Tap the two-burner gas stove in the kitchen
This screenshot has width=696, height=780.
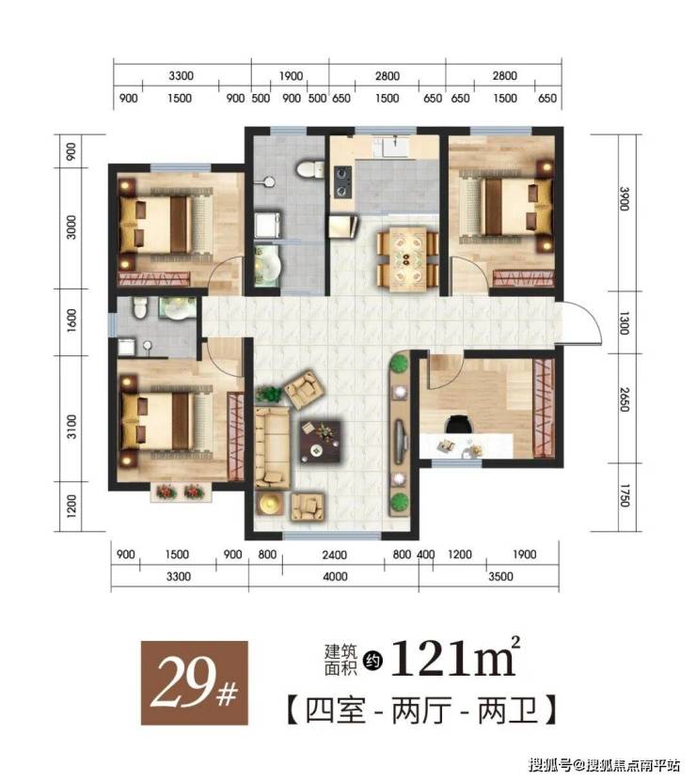(343, 181)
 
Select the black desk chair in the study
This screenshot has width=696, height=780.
(458, 425)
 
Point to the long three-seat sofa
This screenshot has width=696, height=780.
(272, 446)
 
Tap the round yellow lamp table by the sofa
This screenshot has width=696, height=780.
(270, 505)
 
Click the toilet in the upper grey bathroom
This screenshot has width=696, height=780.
(309, 168)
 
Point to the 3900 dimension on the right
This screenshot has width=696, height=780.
(625, 198)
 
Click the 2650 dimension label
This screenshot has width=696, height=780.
(625, 400)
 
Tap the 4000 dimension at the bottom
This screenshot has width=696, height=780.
(335, 577)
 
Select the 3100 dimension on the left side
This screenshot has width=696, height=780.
(72, 427)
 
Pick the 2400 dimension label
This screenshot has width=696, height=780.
(334, 554)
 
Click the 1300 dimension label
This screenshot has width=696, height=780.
(625, 323)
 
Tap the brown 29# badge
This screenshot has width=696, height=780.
(194, 682)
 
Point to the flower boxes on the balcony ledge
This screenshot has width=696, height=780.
(181, 492)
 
